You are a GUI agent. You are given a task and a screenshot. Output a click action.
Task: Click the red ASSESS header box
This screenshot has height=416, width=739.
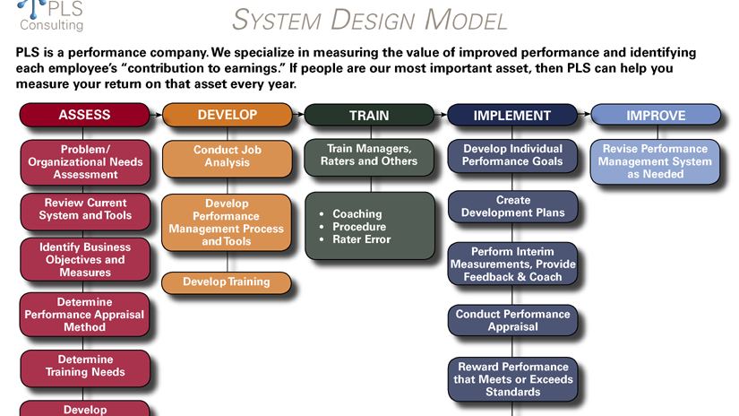pos(84,115)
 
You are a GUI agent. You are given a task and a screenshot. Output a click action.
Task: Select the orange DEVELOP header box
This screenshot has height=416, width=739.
pos(227,115)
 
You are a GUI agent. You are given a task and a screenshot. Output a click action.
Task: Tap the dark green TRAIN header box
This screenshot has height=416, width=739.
pos(369,115)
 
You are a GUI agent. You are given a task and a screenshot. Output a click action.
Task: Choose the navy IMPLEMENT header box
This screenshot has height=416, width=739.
pos(511,115)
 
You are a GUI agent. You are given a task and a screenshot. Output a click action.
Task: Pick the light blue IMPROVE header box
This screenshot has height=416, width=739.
pos(656,115)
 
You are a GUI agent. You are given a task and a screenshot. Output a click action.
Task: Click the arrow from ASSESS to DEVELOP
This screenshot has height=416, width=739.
pos(156,115)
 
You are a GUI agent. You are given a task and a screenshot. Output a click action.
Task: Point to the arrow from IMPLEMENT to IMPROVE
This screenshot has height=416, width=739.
pos(584,115)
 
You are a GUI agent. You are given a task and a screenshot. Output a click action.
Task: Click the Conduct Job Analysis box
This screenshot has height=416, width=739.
pos(227,157)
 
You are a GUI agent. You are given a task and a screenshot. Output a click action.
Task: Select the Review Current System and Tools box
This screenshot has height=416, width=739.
pos(85,209)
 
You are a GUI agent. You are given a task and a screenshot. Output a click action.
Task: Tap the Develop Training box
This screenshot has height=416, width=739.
pos(227,282)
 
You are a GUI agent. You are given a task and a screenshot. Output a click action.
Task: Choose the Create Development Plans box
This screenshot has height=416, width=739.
pos(512,207)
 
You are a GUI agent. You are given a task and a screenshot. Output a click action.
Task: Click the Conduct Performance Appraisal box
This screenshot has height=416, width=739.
pos(512,321)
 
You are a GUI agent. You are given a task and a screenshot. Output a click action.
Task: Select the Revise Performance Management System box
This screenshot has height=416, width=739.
pos(655,161)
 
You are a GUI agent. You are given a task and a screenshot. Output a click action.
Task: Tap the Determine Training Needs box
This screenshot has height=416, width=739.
pos(85,366)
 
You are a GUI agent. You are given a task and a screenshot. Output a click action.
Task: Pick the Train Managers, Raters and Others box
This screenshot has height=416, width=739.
pos(369,155)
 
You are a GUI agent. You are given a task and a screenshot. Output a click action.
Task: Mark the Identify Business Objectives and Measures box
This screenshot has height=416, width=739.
pos(85,259)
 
